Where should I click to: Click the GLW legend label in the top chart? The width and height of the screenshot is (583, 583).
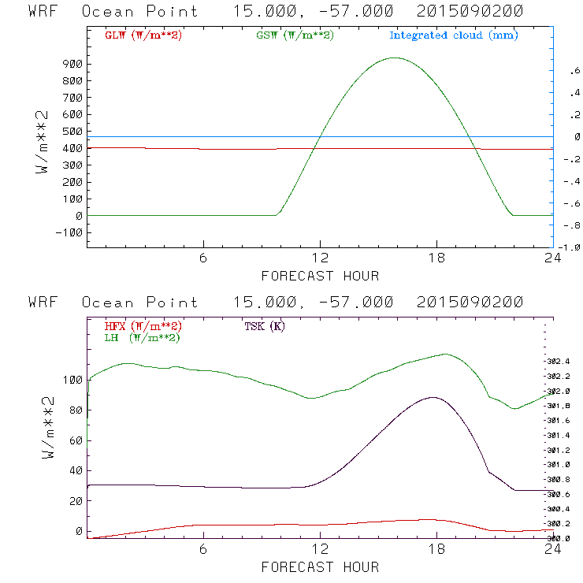pos(143,35)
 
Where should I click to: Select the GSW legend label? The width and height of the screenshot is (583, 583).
pos(295,35)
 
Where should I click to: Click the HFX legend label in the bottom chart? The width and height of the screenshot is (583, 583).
pos(143,326)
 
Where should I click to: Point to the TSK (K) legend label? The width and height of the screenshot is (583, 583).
pos(265,326)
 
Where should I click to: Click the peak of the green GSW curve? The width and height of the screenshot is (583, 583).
pos(395,58)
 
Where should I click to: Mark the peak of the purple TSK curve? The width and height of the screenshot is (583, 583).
pos(433,397)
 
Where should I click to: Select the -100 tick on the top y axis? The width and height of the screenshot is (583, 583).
pos(69,232)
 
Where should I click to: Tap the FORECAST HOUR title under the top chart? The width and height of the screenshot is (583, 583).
pos(320,276)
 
